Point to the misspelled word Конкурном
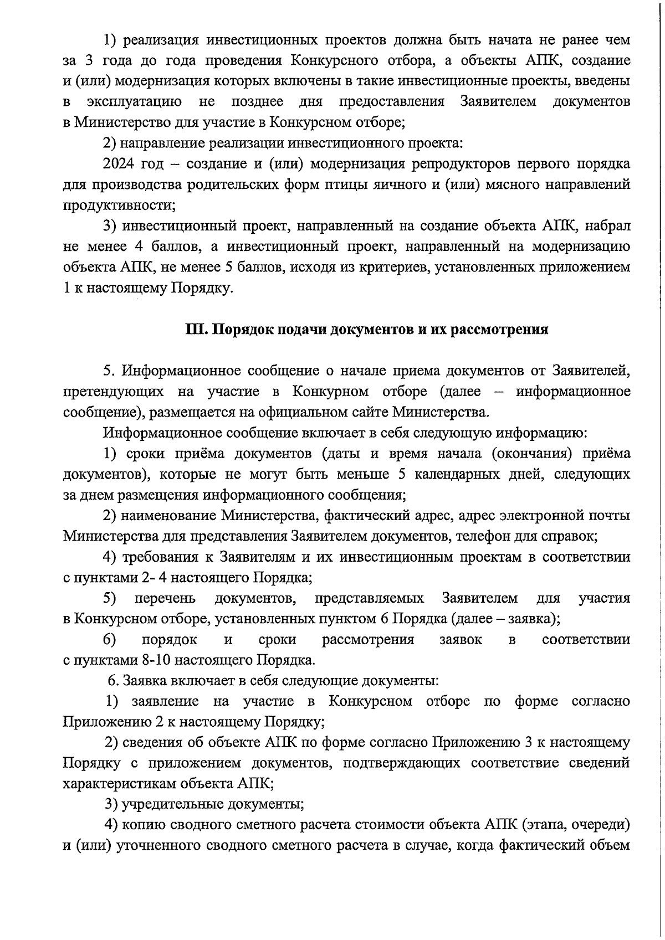pos(330,392)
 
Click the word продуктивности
pos(117,206)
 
